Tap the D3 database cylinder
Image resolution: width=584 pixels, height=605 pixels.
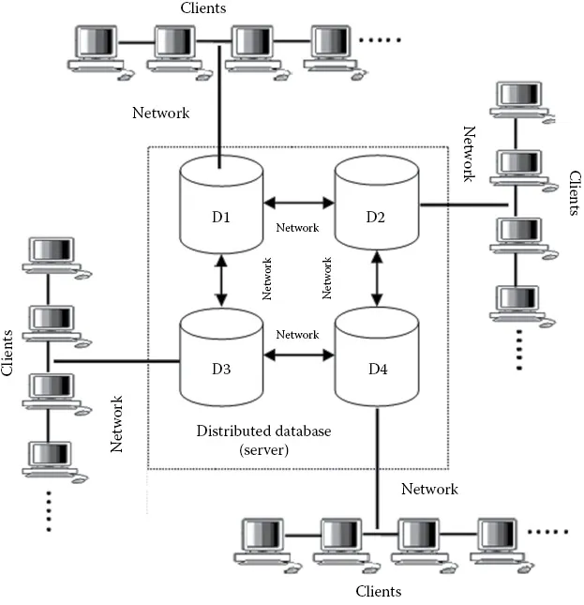[221, 361]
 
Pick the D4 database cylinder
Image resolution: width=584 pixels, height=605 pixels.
[376, 361]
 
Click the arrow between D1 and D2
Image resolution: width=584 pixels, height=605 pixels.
[299, 201]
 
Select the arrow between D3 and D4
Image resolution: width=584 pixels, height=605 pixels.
[299, 355]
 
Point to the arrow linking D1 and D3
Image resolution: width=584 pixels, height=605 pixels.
[222, 280]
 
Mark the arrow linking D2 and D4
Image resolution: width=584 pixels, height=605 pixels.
[377, 280]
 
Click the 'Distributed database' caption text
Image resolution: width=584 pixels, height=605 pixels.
[264, 431]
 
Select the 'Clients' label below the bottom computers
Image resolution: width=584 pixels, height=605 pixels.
[379, 592]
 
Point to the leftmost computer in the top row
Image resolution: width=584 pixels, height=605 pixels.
[97, 47]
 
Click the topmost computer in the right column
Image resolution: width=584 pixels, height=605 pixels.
[518, 99]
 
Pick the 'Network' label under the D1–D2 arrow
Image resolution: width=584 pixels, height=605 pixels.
[297, 227]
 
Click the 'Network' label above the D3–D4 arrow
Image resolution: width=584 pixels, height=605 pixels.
[297, 335]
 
